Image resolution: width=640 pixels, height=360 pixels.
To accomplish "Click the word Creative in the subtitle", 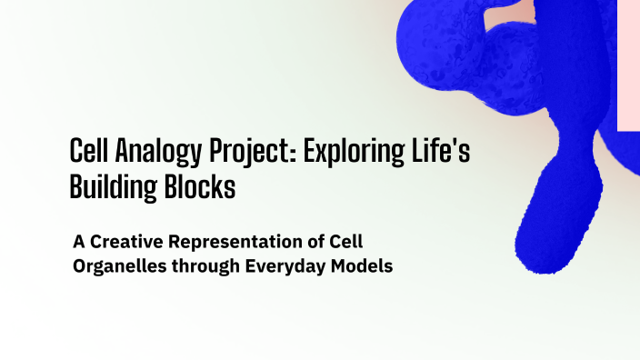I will pos(125,244).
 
